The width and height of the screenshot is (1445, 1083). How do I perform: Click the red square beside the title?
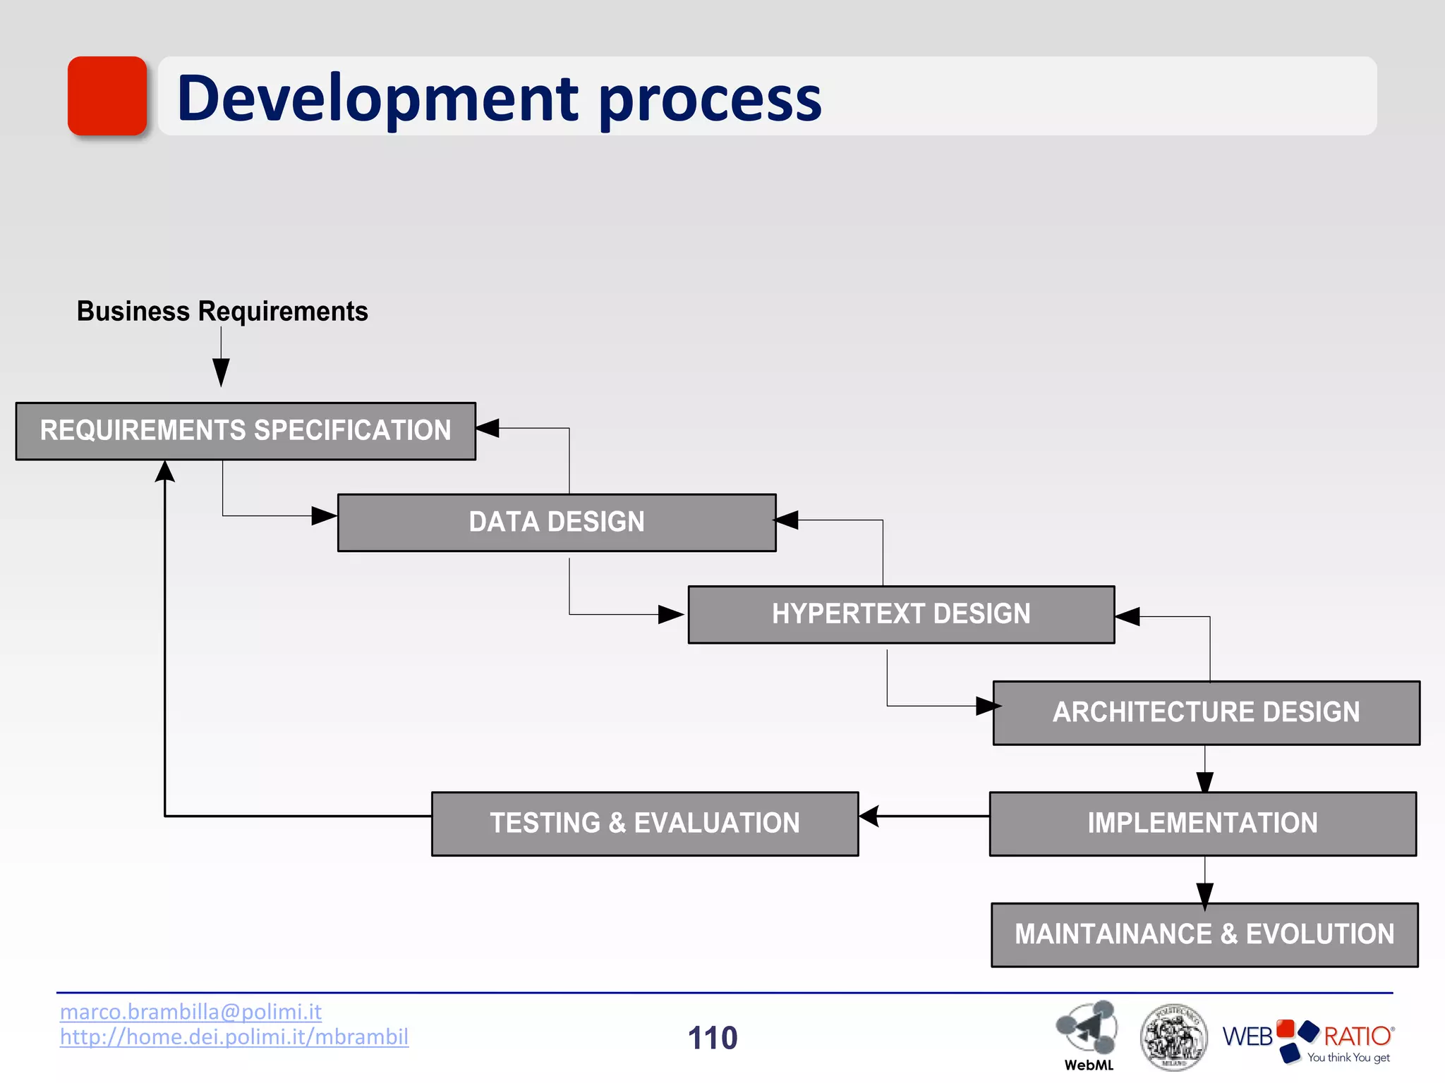click(107, 96)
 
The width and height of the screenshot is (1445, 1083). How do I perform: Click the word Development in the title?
click(378, 99)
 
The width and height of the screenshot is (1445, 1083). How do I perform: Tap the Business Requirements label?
click(222, 311)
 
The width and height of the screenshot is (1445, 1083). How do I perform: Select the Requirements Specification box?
click(246, 431)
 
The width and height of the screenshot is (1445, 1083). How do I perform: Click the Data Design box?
click(556, 522)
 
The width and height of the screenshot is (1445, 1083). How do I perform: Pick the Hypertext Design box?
click(901, 614)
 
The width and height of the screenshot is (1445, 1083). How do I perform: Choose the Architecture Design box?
click(1206, 712)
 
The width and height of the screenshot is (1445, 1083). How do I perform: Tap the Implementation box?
click(1202, 824)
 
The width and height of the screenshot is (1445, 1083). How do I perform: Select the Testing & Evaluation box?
click(644, 824)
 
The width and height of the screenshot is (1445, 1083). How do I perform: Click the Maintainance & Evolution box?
click(1204, 934)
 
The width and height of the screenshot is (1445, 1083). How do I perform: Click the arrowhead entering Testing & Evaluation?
click(869, 816)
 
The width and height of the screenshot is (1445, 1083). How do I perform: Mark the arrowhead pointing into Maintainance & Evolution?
click(1205, 895)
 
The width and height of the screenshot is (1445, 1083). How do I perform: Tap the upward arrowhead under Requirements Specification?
click(165, 472)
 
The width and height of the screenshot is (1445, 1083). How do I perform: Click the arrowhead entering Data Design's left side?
click(325, 515)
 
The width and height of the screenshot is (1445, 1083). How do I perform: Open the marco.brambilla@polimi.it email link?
click(191, 1012)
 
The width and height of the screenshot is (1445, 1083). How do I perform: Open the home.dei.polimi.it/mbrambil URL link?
click(234, 1037)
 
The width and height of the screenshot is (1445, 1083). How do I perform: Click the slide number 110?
click(713, 1038)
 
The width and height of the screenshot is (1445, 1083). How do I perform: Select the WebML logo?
click(1087, 1034)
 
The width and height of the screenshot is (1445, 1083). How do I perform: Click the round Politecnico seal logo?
click(1173, 1037)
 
